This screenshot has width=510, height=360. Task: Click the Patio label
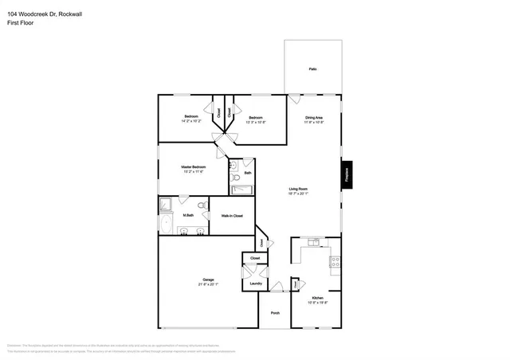[313, 69]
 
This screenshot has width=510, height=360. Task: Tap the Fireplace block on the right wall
[347, 175]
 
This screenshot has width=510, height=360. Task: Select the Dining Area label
[313, 118]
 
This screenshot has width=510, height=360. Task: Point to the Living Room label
[298, 189]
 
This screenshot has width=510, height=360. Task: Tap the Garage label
[208, 280]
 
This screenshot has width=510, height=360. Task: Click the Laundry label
[256, 284]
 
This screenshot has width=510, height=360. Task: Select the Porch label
[274, 313]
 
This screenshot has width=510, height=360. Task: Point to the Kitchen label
[317, 297]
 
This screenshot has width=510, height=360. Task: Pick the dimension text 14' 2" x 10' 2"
[191, 122]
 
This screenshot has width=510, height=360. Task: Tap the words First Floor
[20, 23]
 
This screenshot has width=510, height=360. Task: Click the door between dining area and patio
[294, 100]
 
